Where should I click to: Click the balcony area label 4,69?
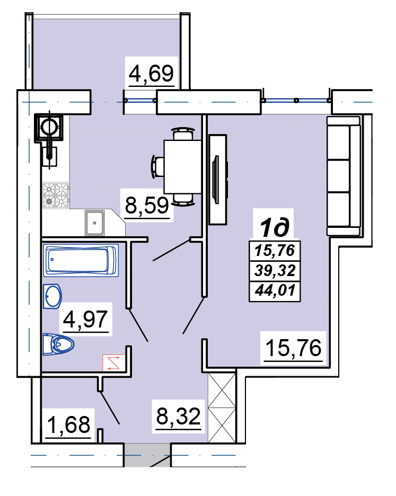(x=151, y=74)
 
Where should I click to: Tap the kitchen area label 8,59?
(x=147, y=205)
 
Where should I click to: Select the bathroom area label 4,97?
(x=85, y=319)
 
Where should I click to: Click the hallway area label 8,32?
(x=179, y=416)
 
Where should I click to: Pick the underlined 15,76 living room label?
(x=293, y=348)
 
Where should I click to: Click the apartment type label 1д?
(x=275, y=227)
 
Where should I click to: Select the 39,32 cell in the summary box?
(x=275, y=270)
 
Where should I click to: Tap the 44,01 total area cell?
(x=275, y=290)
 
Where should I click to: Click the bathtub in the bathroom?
(x=81, y=260)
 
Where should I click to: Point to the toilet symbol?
(x=58, y=344)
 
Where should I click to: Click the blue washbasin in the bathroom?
(x=52, y=296)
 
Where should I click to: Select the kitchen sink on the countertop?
(x=94, y=223)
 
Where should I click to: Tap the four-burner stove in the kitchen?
(x=56, y=196)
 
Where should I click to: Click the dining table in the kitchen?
(x=183, y=167)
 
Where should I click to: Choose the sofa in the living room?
(x=344, y=176)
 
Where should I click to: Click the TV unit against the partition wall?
(x=218, y=179)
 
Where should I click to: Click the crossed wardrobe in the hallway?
(x=222, y=408)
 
